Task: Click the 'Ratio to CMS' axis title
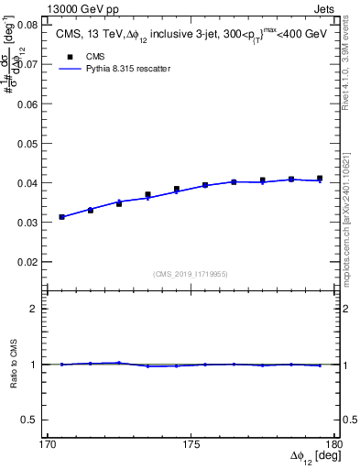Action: pyautogui.click(x=14, y=364)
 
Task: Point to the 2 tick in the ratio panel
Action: pyautogui.click(x=41, y=309)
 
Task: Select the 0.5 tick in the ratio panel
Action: pyautogui.click(x=38, y=420)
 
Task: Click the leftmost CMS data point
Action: pyautogui.click(x=62, y=217)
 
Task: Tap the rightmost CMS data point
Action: pyautogui.click(x=320, y=179)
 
